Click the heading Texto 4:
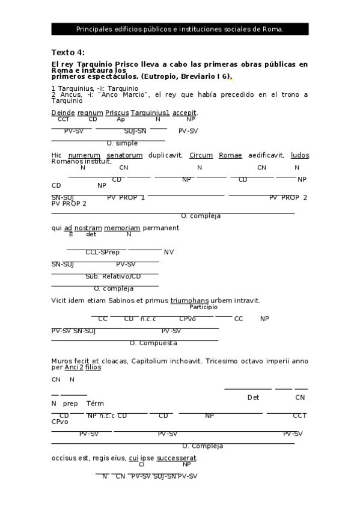click(68, 52)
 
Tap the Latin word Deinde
click(63, 112)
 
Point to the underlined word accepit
click(185, 112)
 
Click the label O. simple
click(122, 143)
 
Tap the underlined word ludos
click(299, 155)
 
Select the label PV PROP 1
click(126, 197)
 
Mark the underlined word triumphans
click(189, 300)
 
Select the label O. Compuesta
click(153, 343)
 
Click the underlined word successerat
click(176, 458)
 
